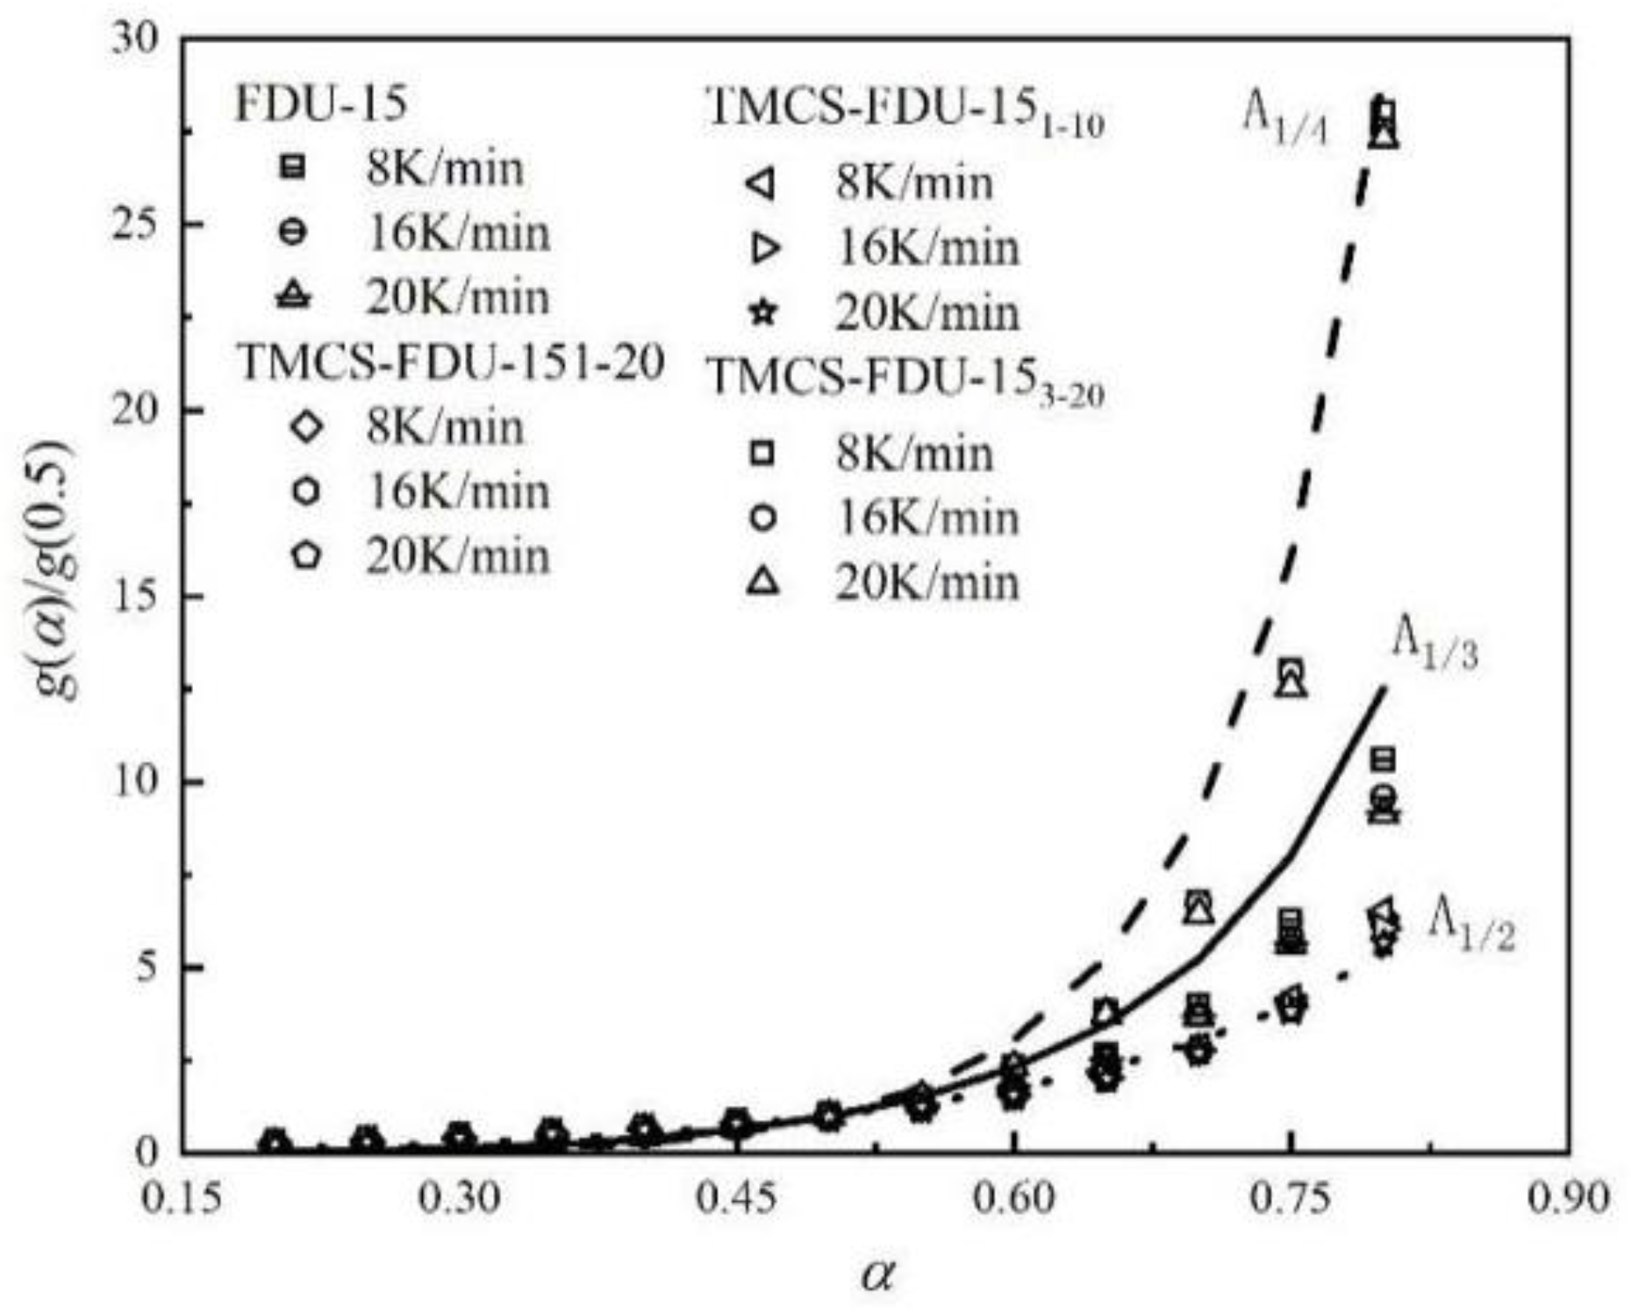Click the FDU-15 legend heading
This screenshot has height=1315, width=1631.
[x=321, y=104]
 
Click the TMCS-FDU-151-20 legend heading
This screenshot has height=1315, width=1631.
[x=451, y=361]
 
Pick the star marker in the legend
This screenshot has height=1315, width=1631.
[x=764, y=312]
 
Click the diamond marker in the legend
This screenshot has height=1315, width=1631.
[x=306, y=427]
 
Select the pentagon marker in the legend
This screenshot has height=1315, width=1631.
[x=306, y=555]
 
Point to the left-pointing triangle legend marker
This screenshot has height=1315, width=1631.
[x=762, y=184]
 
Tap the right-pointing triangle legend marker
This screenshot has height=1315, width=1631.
[x=765, y=249]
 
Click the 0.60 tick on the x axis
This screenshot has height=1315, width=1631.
[x=1013, y=1198]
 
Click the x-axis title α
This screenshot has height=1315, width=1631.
[x=877, y=1275]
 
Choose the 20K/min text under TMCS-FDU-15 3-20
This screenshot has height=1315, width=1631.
[x=926, y=582]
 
